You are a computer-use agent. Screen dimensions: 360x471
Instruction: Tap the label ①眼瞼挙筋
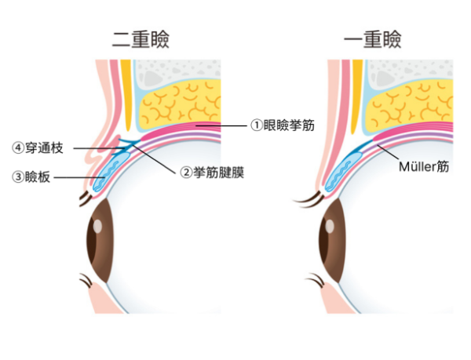coord(282,125)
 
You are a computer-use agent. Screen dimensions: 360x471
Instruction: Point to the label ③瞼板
coord(32,177)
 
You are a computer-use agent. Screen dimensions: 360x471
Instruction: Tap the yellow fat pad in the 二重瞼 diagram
coord(177,107)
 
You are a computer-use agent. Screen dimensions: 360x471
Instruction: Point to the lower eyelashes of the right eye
coord(314,278)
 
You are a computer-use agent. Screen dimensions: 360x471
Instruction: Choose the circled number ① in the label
coord(255,125)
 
